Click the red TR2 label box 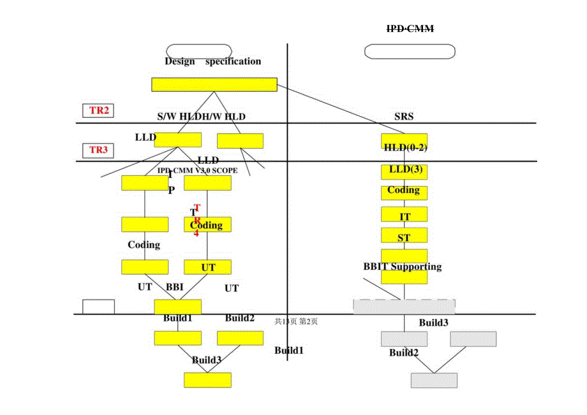(99, 110)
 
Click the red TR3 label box (98, 150)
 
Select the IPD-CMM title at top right (410, 29)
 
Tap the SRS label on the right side (404, 117)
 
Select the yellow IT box (405, 215)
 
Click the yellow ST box (404, 236)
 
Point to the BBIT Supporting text (403, 266)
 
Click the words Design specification (212, 61)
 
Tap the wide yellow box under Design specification (214, 85)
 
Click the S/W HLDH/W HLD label (201, 117)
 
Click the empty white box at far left (99, 307)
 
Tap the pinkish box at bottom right (434, 381)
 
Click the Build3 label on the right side (433, 323)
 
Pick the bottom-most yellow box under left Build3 (207, 380)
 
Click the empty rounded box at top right (410, 52)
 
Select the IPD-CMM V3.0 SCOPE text (198, 171)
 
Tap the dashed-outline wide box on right (404, 306)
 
